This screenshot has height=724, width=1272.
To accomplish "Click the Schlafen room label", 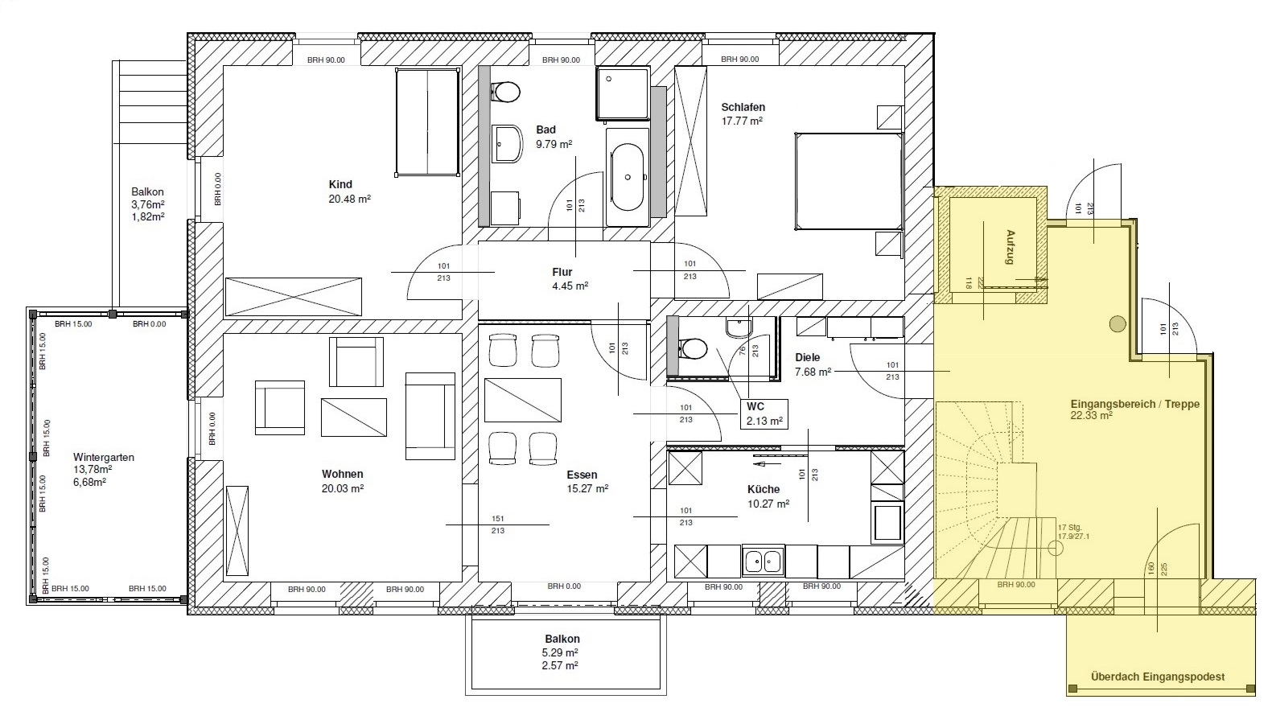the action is pos(743,107).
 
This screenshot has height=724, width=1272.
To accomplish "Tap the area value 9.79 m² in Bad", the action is pos(554,144).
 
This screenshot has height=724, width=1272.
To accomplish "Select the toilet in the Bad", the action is pos(505,92).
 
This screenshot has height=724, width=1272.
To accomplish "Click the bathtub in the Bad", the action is pos(628,177).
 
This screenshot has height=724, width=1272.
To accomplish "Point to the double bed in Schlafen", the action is pos(848,181).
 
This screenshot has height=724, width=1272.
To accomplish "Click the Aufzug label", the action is pos(1010,247).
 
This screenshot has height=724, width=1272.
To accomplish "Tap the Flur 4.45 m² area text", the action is pos(570,286).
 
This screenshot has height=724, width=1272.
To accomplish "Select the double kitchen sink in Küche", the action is pos(764,561).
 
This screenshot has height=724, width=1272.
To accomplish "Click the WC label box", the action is pos(764,414).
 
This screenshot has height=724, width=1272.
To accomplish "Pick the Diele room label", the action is pos(807,357).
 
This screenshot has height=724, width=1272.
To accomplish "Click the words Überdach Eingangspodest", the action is pos(1157,677).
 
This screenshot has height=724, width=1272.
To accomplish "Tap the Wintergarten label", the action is pos(103,457).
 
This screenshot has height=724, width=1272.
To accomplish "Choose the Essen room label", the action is pos(582,475).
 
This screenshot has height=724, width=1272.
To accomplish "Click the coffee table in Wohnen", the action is pos(354,418).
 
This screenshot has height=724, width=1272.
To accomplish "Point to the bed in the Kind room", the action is pos(427,122).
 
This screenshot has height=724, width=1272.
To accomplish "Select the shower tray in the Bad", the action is pos(623,93).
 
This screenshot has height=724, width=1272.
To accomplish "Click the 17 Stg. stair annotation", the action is pos(1070,528).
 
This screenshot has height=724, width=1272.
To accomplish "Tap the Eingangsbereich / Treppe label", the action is pos(1134,405).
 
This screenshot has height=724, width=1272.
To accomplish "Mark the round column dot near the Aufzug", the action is pos(1118,323).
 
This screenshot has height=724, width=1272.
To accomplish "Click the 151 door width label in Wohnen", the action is pos(497,518).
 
